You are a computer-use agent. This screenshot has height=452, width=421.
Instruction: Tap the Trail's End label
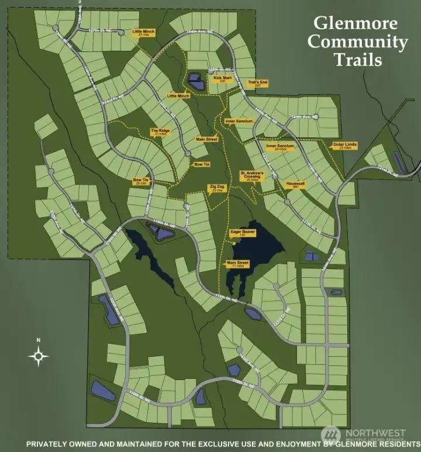click(258, 84)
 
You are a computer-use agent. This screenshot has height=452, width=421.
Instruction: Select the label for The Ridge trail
click(160, 132)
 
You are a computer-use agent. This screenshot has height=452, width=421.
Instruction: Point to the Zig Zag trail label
click(217, 188)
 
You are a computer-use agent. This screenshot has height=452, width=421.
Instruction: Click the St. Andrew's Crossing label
click(253, 176)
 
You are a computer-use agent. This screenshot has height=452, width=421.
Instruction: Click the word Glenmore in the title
click(356, 24)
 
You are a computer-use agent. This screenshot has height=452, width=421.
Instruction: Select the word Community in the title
click(358, 42)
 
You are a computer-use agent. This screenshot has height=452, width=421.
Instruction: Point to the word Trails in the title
click(358, 59)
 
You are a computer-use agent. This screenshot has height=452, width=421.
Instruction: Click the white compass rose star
click(39, 355)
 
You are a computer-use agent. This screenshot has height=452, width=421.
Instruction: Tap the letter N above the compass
click(39, 340)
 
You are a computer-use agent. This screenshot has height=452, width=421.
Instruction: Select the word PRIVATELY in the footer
click(54, 443)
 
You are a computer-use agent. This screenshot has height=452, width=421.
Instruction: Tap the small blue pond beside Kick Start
click(195, 82)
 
